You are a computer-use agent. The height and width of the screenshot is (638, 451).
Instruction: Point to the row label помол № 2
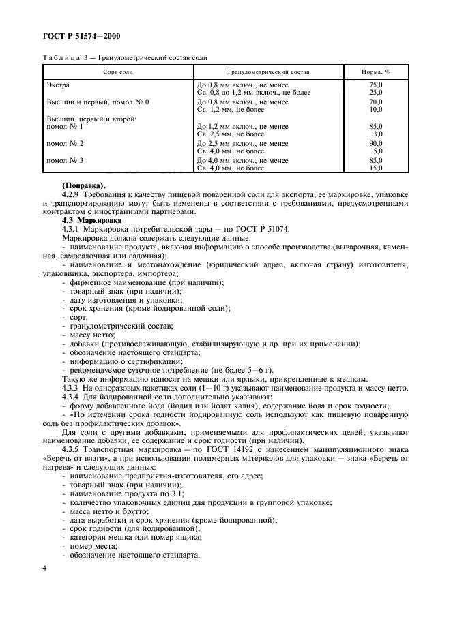click(x=64, y=144)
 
